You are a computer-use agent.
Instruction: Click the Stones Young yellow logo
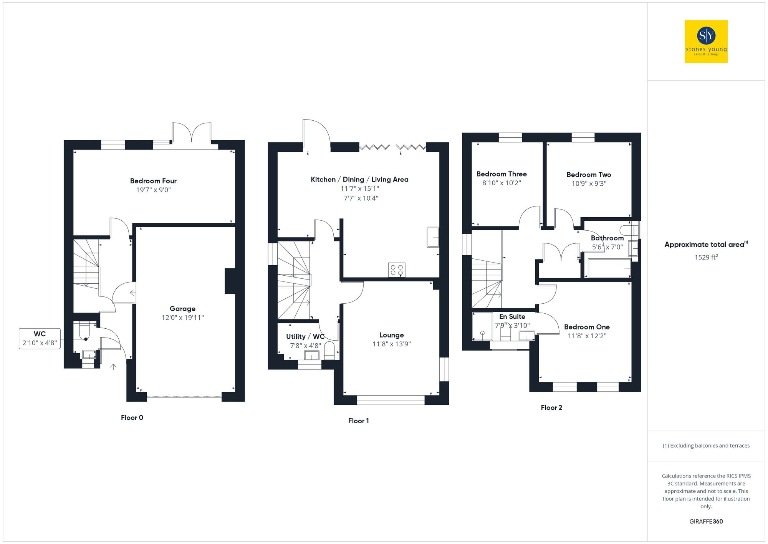(x=706, y=42)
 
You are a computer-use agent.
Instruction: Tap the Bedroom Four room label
(x=153, y=181)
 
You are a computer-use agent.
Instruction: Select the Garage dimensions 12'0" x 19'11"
(x=182, y=318)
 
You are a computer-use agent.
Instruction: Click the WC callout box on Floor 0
(x=40, y=338)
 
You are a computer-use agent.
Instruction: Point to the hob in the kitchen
(x=397, y=270)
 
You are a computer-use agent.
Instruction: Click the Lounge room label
(x=391, y=335)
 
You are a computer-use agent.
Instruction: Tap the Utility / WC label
(x=305, y=337)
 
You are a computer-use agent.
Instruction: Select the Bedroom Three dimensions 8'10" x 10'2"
(x=501, y=183)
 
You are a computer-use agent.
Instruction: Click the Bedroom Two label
(x=589, y=175)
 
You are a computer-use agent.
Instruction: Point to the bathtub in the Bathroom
(x=609, y=268)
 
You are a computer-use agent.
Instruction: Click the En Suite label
(x=512, y=317)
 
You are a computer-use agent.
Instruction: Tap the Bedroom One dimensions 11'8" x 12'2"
(x=587, y=336)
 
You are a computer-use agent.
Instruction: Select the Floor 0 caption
(x=132, y=418)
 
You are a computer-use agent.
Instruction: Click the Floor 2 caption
(x=551, y=408)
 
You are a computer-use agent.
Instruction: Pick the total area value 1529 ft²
(x=706, y=257)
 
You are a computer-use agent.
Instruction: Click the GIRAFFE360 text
(x=706, y=522)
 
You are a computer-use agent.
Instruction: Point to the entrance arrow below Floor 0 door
(x=113, y=367)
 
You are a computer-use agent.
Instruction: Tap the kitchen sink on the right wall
(x=433, y=237)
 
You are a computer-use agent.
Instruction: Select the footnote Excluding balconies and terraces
(x=706, y=446)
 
